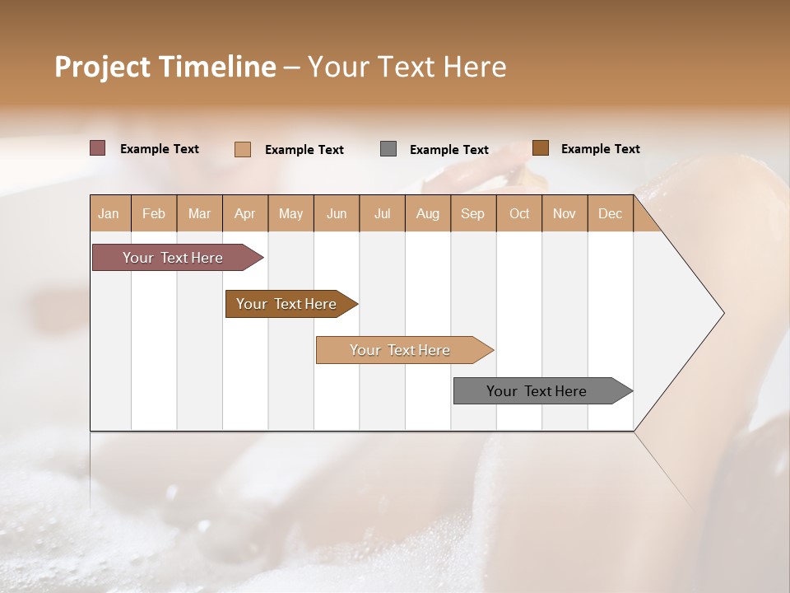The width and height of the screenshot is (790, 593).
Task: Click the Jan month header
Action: pyautogui.click(x=109, y=213)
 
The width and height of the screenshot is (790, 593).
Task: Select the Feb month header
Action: pyautogui.click(x=154, y=213)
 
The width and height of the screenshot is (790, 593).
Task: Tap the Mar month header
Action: pyautogui.click(x=199, y=213)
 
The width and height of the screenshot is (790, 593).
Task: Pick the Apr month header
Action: pyautogui.click(x=244, y=213)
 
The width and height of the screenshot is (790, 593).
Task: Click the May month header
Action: pyautogui.click(x=290, y=213)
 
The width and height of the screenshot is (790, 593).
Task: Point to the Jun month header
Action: pyautogui.click(x=337, y=213)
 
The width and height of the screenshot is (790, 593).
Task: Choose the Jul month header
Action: pyautogui.click(x=382, y=213)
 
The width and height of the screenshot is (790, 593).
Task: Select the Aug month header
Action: pyautogui.click(x=427, y=213)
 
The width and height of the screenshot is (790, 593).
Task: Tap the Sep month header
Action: pyautogui.click(x=472, y=213)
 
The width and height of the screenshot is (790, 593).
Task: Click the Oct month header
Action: pyautogui.click(x=519, y=213)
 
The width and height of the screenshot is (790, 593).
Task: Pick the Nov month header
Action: pyautogui.click(x=564, y=213)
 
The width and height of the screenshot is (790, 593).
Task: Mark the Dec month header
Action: pyautogui.click(x=610, y=213)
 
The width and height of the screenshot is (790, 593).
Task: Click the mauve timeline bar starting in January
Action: pyautogui.click(x=173, y=258)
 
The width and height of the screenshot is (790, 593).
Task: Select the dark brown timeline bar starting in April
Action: pyautogui.click(x=286, y=304)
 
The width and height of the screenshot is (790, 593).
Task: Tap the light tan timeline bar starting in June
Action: pyautogui.click(x=400, y=350)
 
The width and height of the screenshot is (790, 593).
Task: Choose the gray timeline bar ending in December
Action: pyautogui.click(x=537, y=391)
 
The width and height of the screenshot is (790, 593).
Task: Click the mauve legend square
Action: pyautogui.click(x=97, y=148)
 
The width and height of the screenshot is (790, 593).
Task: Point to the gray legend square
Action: pyautogui.click(x=388, y=149)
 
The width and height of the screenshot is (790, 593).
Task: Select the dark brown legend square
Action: pyautogui.click(x=540, y=148)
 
